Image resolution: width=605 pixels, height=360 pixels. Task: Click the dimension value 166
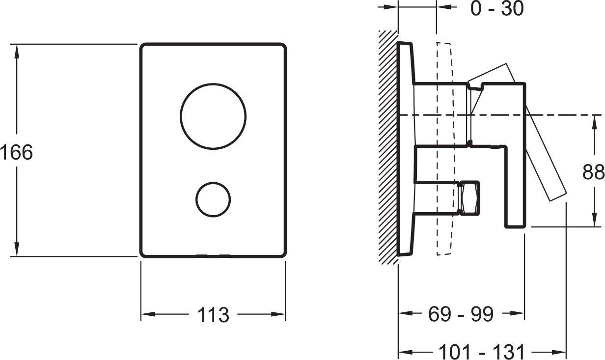coord(16,152)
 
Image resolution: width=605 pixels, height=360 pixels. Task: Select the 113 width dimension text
coord(213,315)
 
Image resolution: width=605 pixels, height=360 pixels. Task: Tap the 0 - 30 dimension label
coord(497,9)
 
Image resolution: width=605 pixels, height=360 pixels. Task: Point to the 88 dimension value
coord(593,172)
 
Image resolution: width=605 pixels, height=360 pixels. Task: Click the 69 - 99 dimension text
coord(461,314)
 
